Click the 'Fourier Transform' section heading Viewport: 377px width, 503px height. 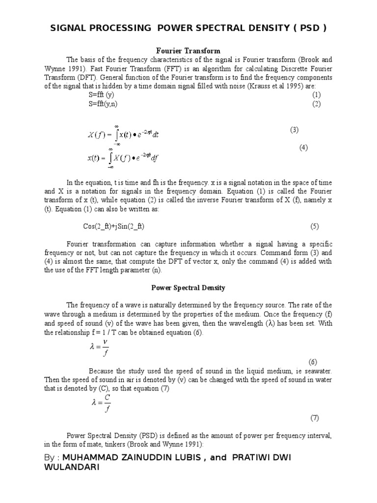[188, 51]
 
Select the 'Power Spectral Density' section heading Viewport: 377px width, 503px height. [188, 287]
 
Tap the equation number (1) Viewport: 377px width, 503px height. [316, 95]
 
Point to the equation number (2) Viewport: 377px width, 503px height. [316, 104]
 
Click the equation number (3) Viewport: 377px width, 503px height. [294, 130]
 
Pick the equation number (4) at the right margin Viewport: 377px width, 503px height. [303, 147]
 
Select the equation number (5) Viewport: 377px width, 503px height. [314, 226]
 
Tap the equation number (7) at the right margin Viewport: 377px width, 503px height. [314, 418]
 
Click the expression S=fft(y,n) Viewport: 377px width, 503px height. [103, 104]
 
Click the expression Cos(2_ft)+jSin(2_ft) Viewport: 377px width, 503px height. [114, 226]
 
